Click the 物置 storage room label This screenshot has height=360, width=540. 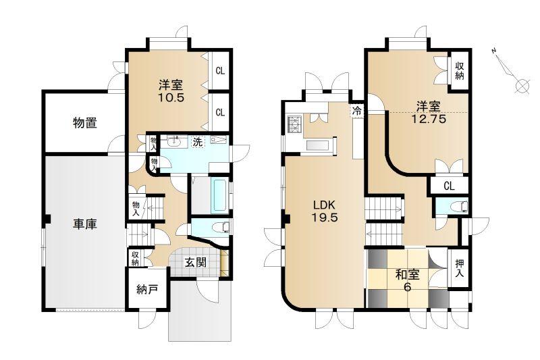(x=85, y=123)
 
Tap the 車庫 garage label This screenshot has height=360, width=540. (x=85, y=224)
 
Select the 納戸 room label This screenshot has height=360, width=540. (x=147, y=289)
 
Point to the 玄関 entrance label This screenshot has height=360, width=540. (x=196, y=262)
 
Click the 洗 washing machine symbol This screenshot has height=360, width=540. (x=197, y=142)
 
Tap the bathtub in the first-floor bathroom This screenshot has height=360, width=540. (x=219, y=195)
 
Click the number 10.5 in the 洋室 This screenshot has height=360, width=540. (x=171, y=97)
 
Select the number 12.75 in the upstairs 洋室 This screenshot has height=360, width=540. (x=429, y=119)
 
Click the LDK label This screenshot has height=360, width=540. (x=324, y=205)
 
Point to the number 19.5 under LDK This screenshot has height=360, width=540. (x=325, y=217)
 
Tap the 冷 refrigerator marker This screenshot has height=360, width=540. (x=357, y=111)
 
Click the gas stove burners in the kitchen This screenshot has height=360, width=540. (x=295, y=124)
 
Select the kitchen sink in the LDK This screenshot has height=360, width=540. (x=317, y=145)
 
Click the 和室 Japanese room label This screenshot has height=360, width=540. (x=408, y=275)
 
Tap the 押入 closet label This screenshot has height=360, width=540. (x=460, y=269)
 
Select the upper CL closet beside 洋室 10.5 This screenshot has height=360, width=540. (x=220, y=71)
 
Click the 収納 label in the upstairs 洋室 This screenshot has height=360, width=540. (x=460, y=71)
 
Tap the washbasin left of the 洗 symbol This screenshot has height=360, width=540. (x=174, y=141)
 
